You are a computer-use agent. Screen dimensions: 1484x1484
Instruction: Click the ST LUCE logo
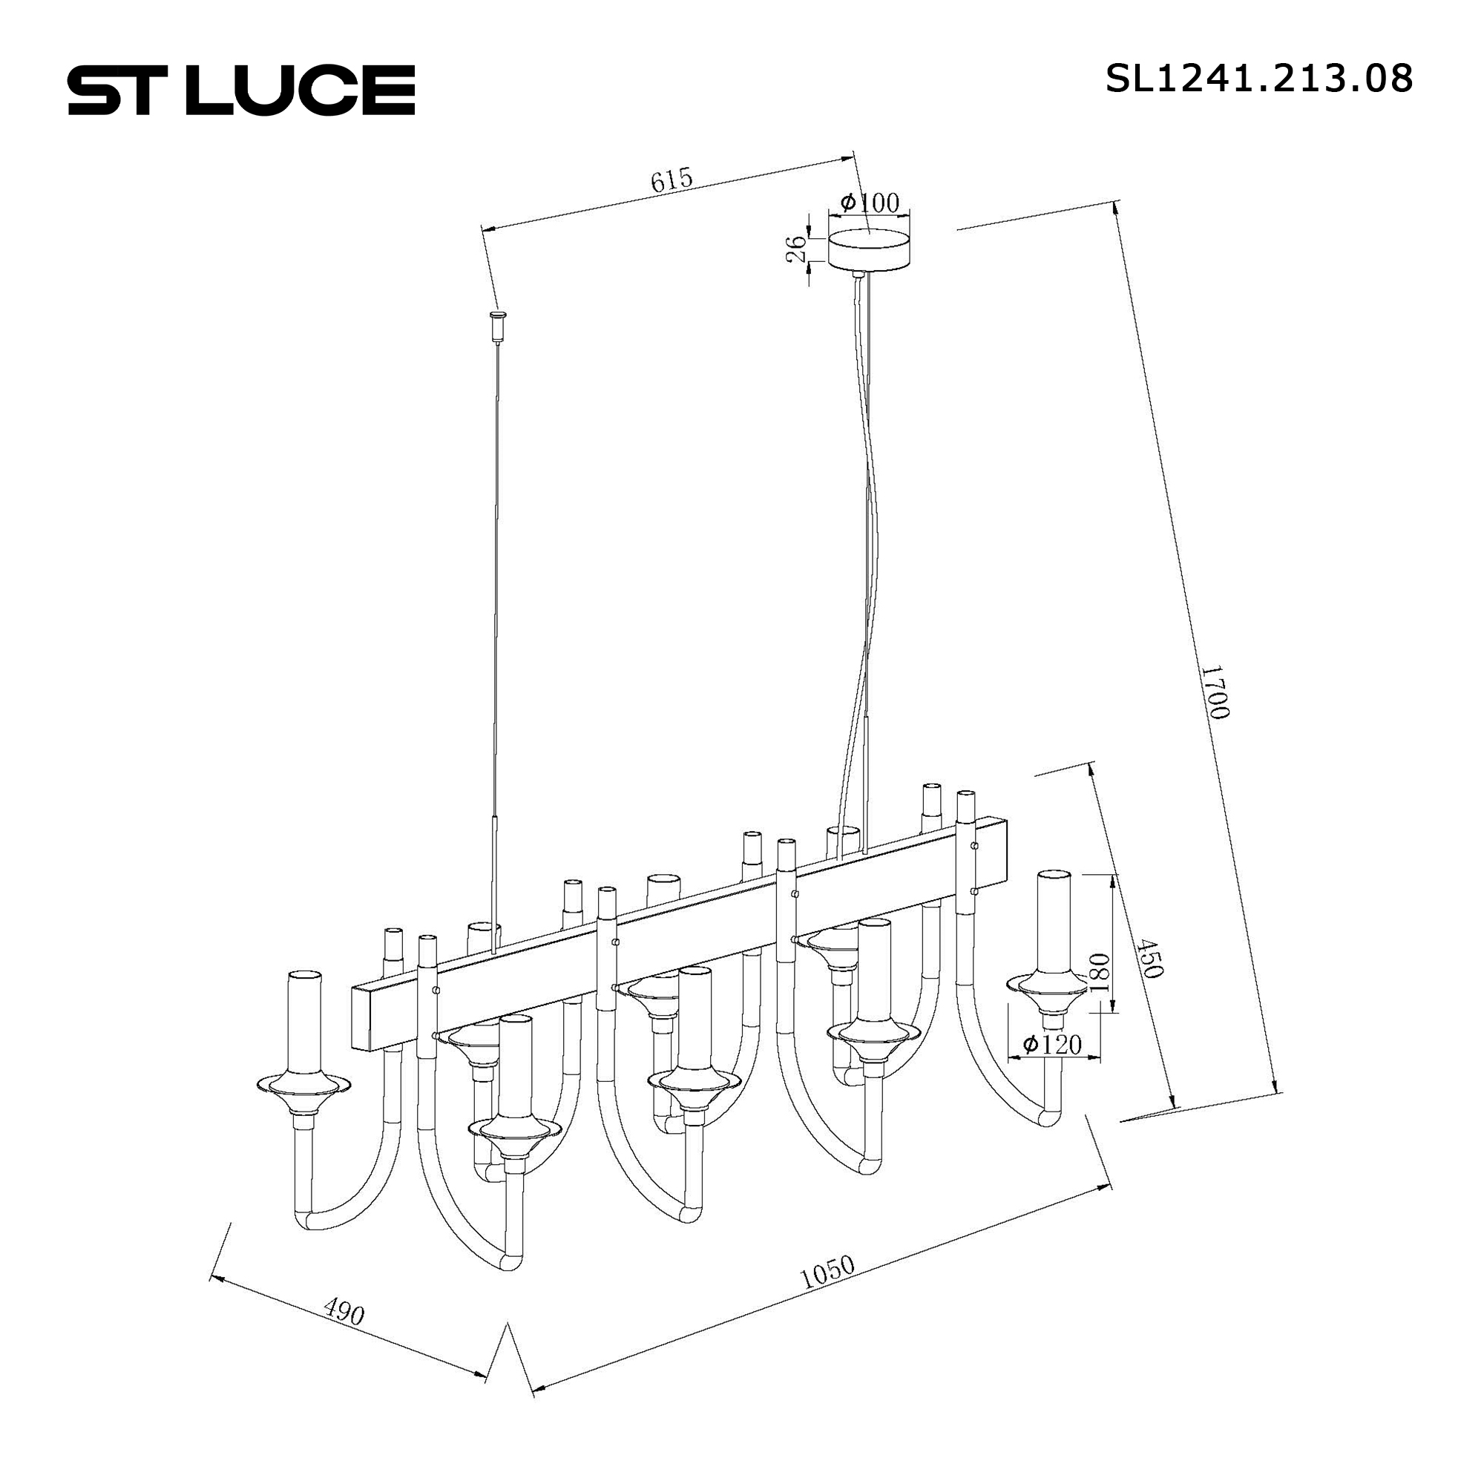pyautogui.click(x=241, y=91)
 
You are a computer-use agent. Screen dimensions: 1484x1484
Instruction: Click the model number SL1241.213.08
pyautogui.click(x=1259, y=79)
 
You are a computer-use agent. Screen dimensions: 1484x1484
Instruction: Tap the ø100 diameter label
pyautogui.click(x=870, y=203)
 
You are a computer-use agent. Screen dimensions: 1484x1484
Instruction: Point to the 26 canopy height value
pyautogui.click(x=796, y=249)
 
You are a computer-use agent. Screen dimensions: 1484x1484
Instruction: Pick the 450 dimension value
pyautogui.click(x=1150, y=957)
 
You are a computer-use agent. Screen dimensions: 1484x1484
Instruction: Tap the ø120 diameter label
pyautogui.click(x=1051, y=1045)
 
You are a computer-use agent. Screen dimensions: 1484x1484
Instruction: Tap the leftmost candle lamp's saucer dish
pyautogui.click(x=303, y=1084)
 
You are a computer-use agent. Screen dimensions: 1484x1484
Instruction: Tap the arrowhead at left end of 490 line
pyautogui.click(x=215, y=1279)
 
